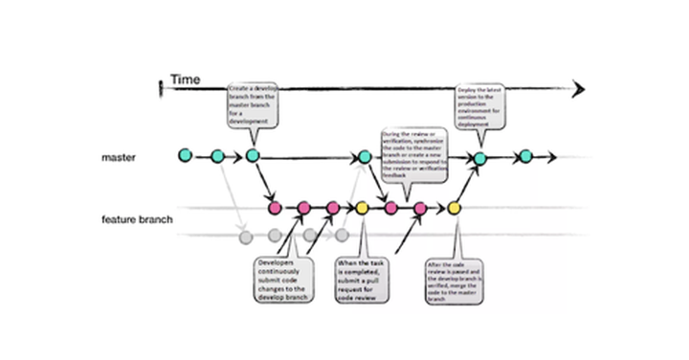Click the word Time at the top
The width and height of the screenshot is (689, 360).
pyautogui.click(x=185, y=79)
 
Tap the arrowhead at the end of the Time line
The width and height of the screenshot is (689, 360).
pyautogui.click(x=578, y=90)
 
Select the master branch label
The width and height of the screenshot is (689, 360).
pyautogui.click(x=122, y=155)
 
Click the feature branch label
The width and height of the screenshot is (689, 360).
pyautogui.click(x=137, y=220)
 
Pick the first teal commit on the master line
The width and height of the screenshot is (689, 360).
pyautogui.click(x=185, y=154)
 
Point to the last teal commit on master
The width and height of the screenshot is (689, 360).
pyautogui.click(x=524, y=156)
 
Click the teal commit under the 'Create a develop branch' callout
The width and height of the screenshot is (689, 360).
pyautogui.click(x=253, y=155)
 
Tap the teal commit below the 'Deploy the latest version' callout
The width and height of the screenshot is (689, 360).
pyautogui.click(x=480, y=158)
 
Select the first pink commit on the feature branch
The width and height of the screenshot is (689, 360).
pyautogui.click(x=275, y=207)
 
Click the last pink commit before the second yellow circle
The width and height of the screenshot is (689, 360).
pyautogui.click(x=419, y=208)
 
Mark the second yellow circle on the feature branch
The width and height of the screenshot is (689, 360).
pyautogui.click(x=455, y=208)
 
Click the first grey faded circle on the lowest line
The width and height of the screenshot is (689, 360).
pyautogui.click(x=245, y=236)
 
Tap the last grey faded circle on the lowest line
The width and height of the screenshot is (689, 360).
pyautogui.click(x=341, y=235)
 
